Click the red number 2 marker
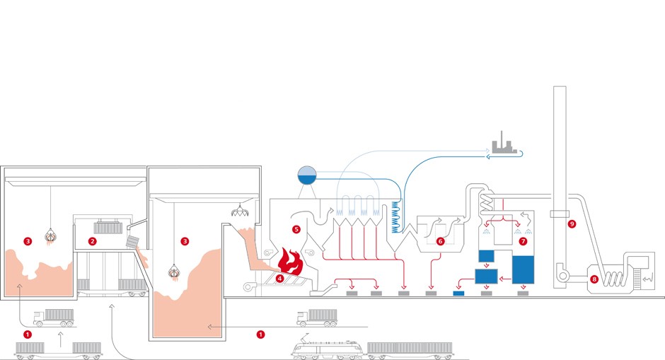(92, 241)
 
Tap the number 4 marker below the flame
(280, 279)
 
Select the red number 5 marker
(296, 229)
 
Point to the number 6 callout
(440, 241)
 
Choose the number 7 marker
(523, 241)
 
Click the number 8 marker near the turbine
(594, 279)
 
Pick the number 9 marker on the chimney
(572, 224)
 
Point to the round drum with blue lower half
(307, 175)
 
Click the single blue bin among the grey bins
(458, 292)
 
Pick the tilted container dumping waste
(133, 241)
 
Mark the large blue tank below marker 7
(523, 269)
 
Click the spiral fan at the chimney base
(565, 272)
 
